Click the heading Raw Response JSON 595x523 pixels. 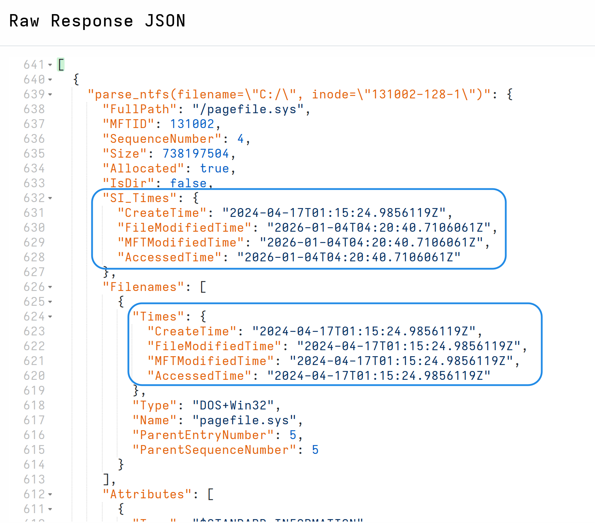click(97, 21)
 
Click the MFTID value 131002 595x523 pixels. click(192, 124)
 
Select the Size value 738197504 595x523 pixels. click(195, 154)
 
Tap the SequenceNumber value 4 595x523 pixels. click(241, 139)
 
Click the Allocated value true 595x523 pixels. click(214, 169)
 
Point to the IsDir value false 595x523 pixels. click(188, 183)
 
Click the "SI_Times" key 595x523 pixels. click(140, 198)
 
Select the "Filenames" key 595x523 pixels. click(143, 287)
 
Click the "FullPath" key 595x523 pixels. click(140, 109)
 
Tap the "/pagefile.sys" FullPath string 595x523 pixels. click(248, 109)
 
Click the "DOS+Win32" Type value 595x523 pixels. click(233, 406)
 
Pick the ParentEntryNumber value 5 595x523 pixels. click(293, 435)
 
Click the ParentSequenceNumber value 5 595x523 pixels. click(315, 450)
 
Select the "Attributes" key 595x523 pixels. click(147, 494)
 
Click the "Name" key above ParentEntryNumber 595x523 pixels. click(154, 420)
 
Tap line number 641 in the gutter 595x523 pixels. click(34, 65)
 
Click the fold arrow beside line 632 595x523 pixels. click(50, 198)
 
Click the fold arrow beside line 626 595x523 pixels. click(50, 287)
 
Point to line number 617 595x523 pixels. click(34, 420)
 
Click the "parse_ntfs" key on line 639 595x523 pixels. click(289, 95)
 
